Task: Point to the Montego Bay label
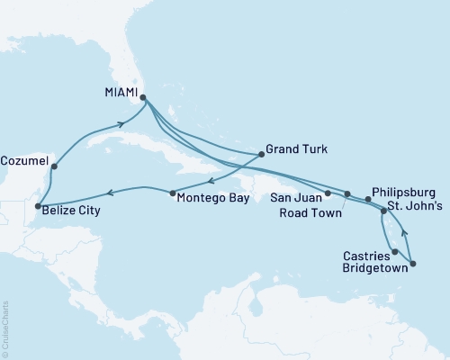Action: click(x=212, y=195)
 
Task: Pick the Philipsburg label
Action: click(x=404, y=193)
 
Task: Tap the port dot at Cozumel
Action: click(x=55, y=166)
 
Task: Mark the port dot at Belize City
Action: click(x=36, y=207)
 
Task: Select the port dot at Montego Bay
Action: click(x=172, y=193)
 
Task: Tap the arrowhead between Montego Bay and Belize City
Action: click(x=110, y=192)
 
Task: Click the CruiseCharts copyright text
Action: click(x=6, y=328)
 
